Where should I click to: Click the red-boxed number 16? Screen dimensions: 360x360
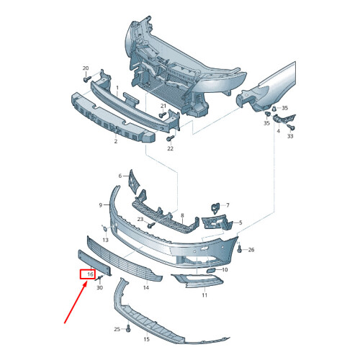(89, 274)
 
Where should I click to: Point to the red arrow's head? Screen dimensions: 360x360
(86, 283)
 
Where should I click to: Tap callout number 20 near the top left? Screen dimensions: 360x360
(86, 68)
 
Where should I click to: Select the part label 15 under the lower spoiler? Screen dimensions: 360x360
(146, 338)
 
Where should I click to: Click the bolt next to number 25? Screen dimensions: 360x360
(127, 329)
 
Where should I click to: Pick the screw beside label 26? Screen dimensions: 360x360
(240, 249)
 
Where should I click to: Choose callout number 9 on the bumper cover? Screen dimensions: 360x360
(101, 205)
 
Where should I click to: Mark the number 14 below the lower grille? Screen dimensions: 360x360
(145, 287)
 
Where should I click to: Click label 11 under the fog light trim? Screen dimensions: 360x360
(204, 295)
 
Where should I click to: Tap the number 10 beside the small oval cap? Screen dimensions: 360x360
(225, 270)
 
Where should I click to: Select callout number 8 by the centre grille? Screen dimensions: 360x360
(182, 215)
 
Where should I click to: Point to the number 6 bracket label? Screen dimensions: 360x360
(120, 176)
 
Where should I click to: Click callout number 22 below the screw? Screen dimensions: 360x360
(171, 149)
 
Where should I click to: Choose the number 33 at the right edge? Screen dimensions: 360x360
(290, 135)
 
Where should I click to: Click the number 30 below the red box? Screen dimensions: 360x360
(99, 287)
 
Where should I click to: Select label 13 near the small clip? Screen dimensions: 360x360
(105, 239)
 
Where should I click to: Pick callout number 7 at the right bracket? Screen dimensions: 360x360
(226, 205)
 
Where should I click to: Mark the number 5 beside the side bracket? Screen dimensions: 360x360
(240, 223)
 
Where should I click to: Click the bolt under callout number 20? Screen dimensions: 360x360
(86, 79)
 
